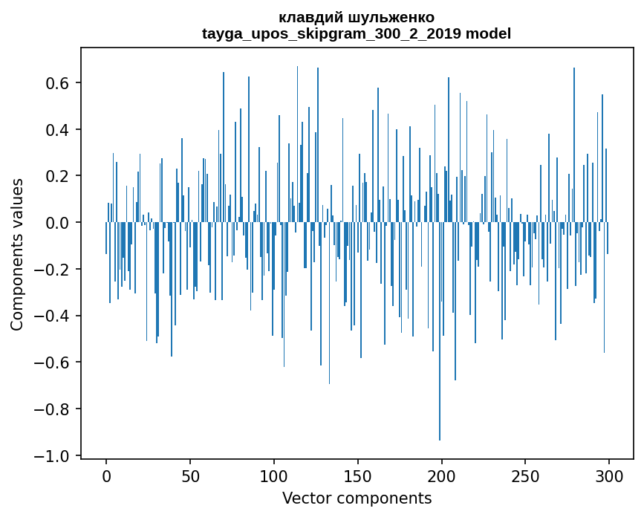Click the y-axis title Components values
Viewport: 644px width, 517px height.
point(17,254)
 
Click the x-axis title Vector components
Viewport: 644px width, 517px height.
point(357,498)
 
